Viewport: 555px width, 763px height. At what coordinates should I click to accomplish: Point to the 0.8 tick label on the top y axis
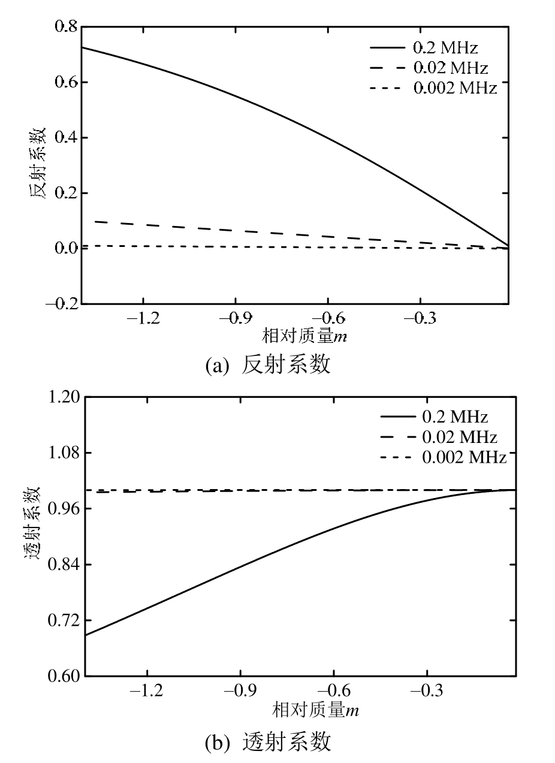click(66, 26)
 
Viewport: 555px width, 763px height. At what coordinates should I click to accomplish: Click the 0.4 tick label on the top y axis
click(66, 137)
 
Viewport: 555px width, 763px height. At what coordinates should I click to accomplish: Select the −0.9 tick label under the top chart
click(236, 318)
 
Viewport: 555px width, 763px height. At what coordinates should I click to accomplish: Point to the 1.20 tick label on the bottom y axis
click(65, 397)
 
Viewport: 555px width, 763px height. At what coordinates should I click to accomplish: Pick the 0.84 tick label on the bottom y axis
click(65, 564)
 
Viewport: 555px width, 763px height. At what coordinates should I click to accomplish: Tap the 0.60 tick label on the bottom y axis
click(65, 676)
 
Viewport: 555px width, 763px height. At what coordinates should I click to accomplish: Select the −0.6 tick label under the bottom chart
click(334, 690)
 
